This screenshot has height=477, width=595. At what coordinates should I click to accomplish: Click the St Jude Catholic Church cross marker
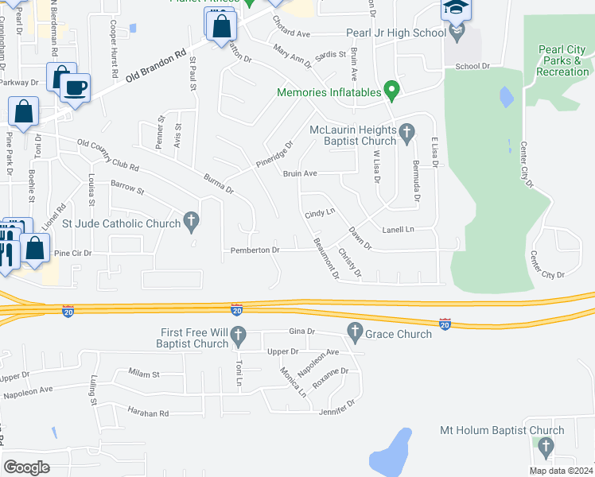pos(191,222)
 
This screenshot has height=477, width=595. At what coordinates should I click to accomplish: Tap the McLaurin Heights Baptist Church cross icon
pos(406,132)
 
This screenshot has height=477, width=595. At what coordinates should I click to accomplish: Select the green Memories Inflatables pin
pos(390,90)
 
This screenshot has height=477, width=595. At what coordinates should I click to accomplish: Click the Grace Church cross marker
pos(355,330)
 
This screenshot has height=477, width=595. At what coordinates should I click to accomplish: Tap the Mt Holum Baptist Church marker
pos(544,448)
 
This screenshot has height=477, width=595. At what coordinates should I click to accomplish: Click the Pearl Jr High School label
pos(395,33)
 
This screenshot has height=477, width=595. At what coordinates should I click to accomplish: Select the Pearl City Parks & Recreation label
pos(562,60)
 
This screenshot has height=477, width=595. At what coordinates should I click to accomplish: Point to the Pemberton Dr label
pos(255,250)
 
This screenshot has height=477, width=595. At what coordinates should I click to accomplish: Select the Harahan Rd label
pos(149,413)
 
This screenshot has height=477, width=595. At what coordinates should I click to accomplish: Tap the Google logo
pos(26,467)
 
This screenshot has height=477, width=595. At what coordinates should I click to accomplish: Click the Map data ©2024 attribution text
pos(561,471)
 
